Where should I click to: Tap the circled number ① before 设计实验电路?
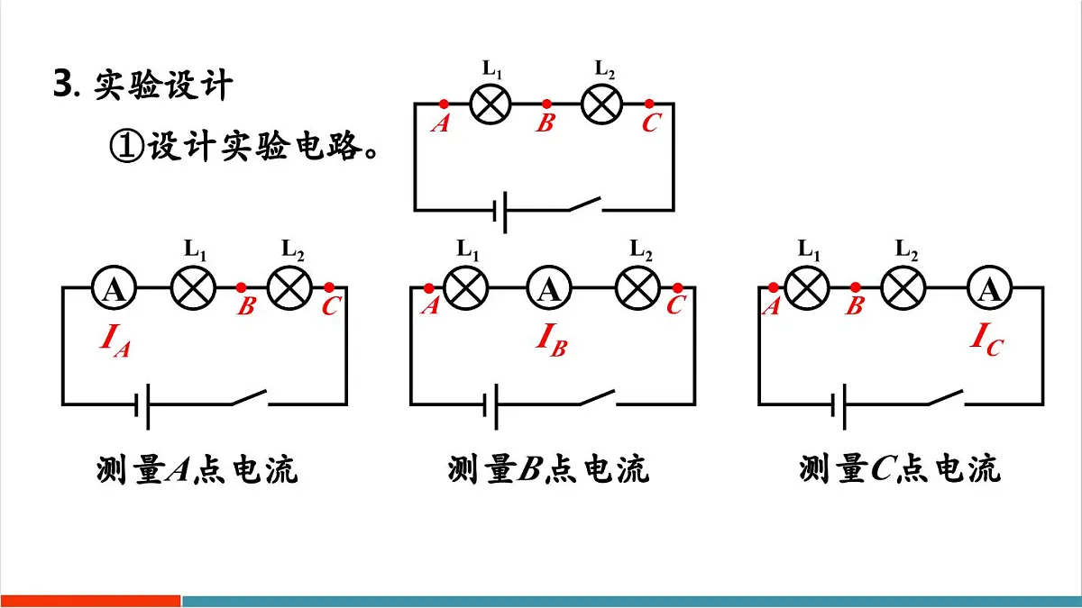(x=126, y=146)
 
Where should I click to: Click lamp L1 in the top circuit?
(x=491, y=104)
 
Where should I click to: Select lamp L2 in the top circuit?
(x=601, y=104)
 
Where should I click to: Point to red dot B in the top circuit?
(x=546, y=104)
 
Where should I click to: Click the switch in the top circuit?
(x=585, y=204)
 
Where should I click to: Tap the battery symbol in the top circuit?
(x=500, y=212)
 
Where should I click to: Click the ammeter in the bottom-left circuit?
(x=114, y=288)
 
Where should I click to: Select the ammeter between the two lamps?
(x=549, y=288)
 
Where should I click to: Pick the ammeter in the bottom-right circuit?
(x=989, y=288)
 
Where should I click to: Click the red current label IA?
(x=115, y=340)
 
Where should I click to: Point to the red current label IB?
(x=552, y=340)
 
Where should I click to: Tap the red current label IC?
(x=987, y=340)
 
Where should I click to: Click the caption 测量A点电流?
(x=197, y=469)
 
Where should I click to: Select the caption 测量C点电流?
(x=900, y=469)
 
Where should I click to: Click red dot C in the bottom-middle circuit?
(x=678, y=288)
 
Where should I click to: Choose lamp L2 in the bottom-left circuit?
(x=289, y=288)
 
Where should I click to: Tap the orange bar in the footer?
(x=90, y=602)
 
